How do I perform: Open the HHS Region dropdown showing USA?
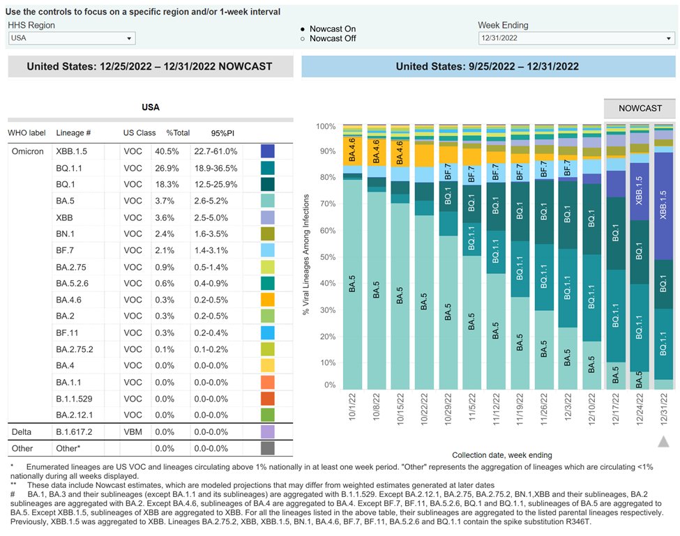[x=71, y=38]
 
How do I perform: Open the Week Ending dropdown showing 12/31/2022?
[x=575, y=38]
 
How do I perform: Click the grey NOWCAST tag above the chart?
[x=640, y=109]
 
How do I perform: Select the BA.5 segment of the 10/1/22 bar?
[x=353, y=286]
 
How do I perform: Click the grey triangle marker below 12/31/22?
[x=664, y=442]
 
